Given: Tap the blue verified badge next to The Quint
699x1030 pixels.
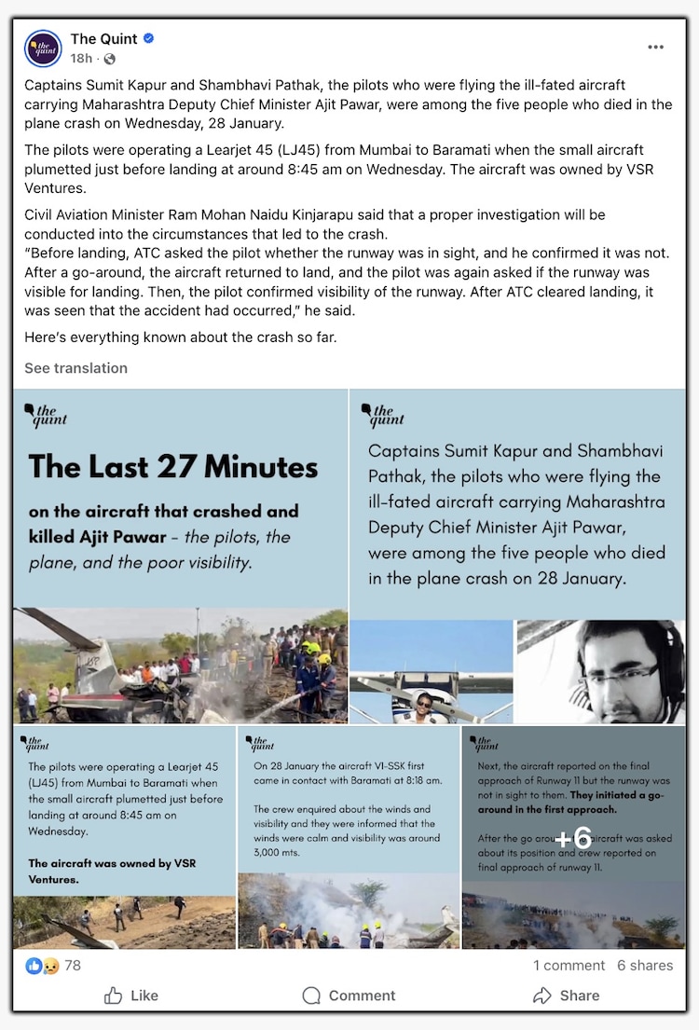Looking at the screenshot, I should tap(149, 38).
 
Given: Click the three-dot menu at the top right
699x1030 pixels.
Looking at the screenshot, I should tap(655, 48).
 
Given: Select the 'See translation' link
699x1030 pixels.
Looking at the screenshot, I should tap(75, 368).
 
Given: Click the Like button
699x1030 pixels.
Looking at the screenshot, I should tap(131, 996).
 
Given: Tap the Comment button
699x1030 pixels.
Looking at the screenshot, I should tap(349, 996).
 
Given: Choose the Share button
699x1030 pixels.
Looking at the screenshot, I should tap(566, 996).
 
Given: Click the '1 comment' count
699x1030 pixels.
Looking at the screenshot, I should tap(569, 966).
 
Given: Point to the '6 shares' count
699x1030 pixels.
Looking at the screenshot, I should tap(645, 966).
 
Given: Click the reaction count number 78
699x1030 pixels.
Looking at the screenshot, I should tap(72, 966).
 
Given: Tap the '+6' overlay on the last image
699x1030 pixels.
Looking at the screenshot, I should tap(573, 837).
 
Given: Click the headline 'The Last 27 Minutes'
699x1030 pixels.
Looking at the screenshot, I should tap(173, 466).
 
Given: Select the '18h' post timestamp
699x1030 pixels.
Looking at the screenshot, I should tap(81, 59).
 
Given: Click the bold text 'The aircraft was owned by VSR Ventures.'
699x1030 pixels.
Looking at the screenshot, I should tap(113, 871).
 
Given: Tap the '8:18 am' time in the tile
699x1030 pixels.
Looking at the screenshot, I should tap(421, 779).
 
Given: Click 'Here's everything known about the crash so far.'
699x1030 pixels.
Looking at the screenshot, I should tap(180, 337).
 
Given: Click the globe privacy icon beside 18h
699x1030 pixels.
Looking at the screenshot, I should tap(110, 60).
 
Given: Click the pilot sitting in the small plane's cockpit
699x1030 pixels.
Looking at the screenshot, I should tap(425, 706).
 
